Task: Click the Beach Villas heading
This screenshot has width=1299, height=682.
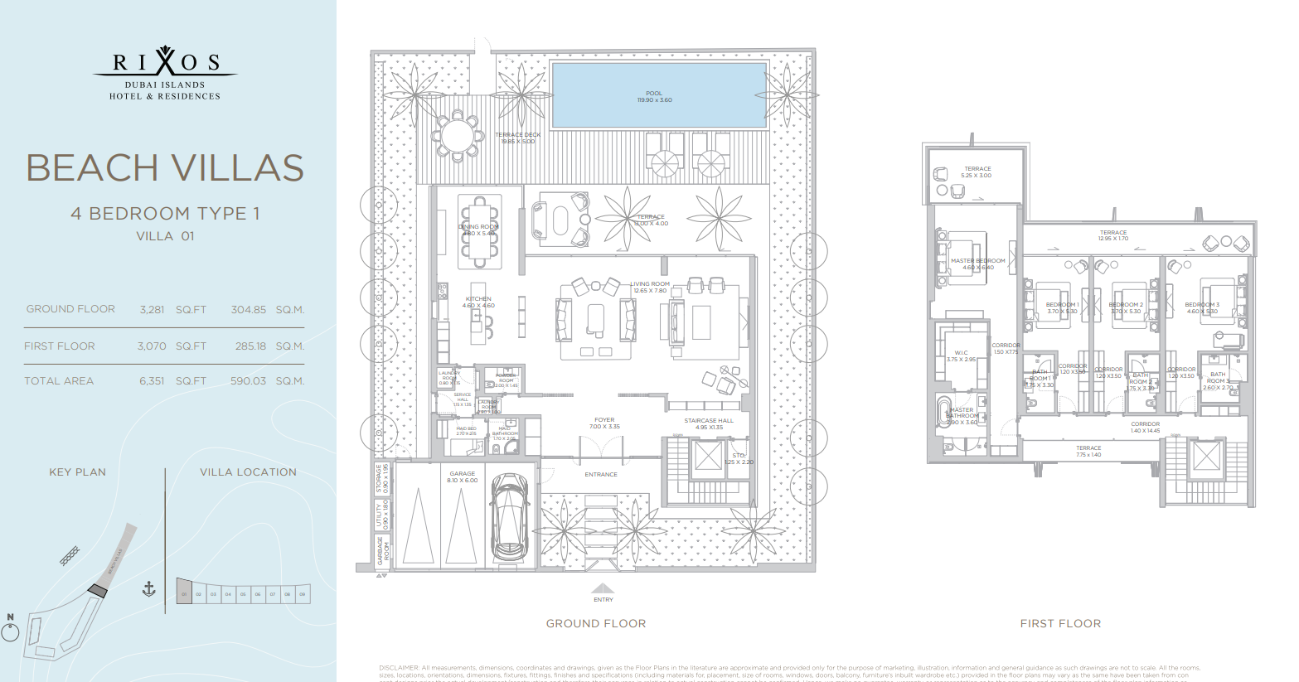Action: click(x=165, y=168)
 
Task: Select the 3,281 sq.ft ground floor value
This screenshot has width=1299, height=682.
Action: click(x=152, y=309)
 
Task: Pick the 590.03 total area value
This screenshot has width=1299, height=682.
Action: click(x=248, y=381)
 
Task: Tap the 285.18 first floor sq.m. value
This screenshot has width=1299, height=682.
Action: click(x=250, y=346)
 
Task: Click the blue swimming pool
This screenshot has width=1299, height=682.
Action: click(x=658, y=95)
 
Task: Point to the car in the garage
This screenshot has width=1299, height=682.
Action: click(x=510, y=518)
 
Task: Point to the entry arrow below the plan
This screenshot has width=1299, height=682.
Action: click(x=603, y=589)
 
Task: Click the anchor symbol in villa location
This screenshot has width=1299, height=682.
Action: click(x=149, y=589)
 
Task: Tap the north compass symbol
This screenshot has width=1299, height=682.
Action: click(x=10, y=631)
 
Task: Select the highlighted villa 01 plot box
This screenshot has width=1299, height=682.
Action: click(x=184, y=592)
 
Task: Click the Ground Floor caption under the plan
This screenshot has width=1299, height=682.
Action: click(x=595, y=623)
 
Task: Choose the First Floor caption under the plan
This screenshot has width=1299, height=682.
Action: click(x=1060, y=623)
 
